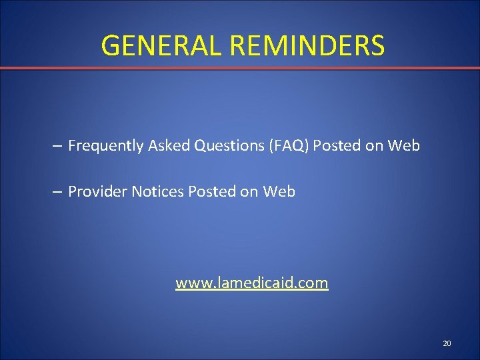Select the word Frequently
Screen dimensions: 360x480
[x=106, y=145]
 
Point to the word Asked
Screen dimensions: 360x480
[x=169, y=145]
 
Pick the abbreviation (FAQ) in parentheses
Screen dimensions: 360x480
[x=287, y=145]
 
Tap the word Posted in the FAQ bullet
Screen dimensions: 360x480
[x=337, y=145]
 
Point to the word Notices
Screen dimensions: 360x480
[x=157, y=192]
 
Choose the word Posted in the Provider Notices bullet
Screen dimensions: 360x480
[x=212, y=192]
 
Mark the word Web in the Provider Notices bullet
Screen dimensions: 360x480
[x=279, y=192]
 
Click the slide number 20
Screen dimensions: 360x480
[x=447, y=343]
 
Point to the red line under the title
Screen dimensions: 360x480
[x=240, y=68]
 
